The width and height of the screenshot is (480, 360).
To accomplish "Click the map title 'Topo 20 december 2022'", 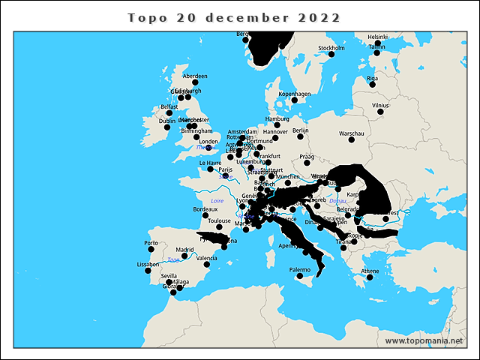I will (x=234, y=17).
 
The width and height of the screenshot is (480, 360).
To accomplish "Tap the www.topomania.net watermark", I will (x=424, y=340).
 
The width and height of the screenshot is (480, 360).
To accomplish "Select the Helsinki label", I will (x=377, y=37).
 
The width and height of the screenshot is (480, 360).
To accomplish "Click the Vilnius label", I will (x=381, y=106).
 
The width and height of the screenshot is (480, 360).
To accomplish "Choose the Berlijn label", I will (x=301, y=130).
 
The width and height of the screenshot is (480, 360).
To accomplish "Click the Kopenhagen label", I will (x=295, y=94).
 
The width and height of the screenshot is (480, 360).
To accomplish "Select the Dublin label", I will (x=166, y=121).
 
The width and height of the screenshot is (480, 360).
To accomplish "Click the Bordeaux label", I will (x=205, y=208).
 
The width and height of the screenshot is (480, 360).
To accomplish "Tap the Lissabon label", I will (x=148, y=264).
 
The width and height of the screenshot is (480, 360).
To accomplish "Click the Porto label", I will (x=151, y=243).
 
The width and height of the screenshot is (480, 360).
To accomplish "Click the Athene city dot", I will (x=370, y=278).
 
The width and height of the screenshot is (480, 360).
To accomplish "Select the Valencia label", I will (x=206, y=258).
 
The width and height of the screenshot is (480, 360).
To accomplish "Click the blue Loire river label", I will (x=217, y=201).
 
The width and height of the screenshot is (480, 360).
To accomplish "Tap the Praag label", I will (x=306, y=157).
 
